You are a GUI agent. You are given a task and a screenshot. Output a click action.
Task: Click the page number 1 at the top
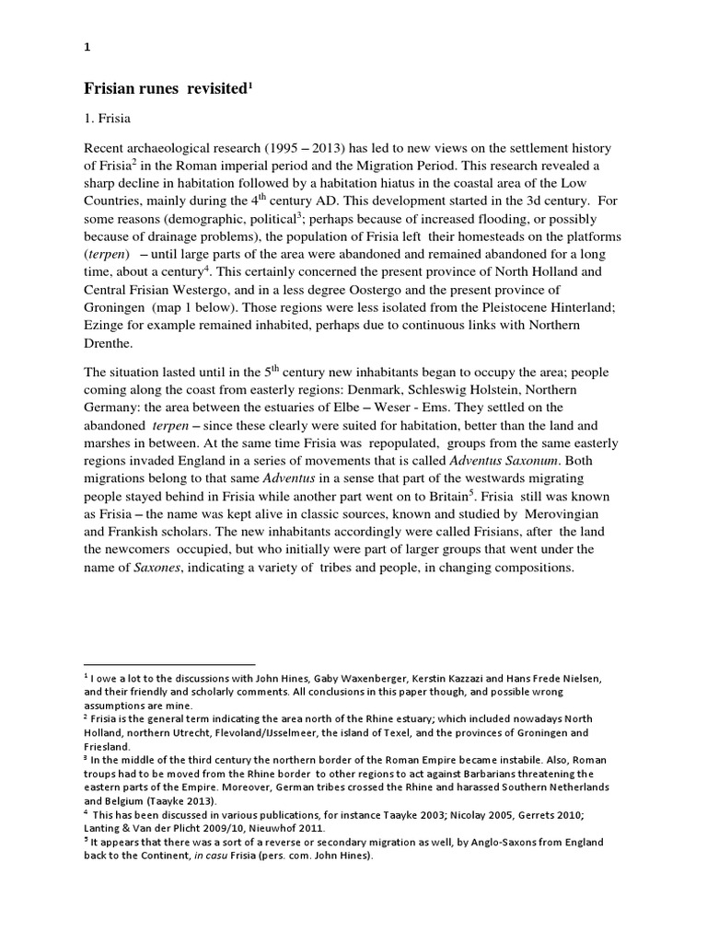[86, 52]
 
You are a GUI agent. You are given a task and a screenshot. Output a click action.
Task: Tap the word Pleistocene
[498, 307]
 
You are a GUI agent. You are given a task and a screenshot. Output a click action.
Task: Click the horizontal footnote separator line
[169, 663]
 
